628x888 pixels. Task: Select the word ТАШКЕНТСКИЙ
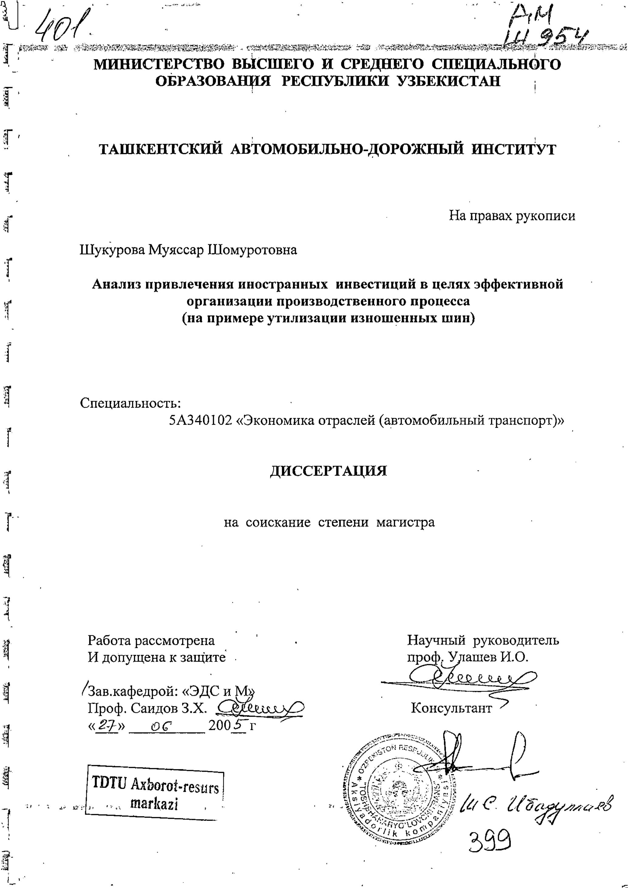pyautogui.click(x=161, y=149)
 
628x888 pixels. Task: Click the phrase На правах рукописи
pyautogui.click(x=512, y=216)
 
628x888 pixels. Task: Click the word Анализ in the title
pyautogui.click(x=115, y=284)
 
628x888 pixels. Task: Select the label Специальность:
pyautogui.click(x=130, y=403)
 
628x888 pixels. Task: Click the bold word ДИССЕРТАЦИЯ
pyautogui.click(x=328, y=471)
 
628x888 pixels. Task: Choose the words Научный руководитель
pyautogui.click(x=483, y=640)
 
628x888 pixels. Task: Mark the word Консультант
pyautogui.click(x=451, y=709)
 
